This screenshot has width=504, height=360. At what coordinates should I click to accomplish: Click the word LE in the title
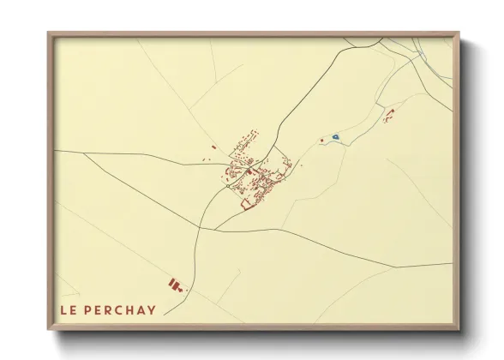coord(68,309)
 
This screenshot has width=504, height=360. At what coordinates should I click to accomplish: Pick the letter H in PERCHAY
coord(131,309)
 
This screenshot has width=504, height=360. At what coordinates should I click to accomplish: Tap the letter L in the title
coord(63,309)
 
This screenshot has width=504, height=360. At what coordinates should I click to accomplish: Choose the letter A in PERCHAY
coord(141,309)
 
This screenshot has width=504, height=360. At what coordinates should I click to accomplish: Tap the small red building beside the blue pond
coord(321,140)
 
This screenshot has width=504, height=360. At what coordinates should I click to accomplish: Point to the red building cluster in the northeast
coord(387,115)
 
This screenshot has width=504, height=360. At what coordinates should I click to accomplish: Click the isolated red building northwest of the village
coord(211,147)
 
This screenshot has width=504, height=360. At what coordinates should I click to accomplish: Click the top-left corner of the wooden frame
coord(49,33)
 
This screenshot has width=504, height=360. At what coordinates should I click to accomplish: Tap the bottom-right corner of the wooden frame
coord(459,329)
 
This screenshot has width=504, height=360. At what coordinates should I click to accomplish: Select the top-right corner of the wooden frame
coord(459,33)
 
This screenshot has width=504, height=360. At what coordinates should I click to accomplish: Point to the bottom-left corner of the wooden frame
coord(49,329)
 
